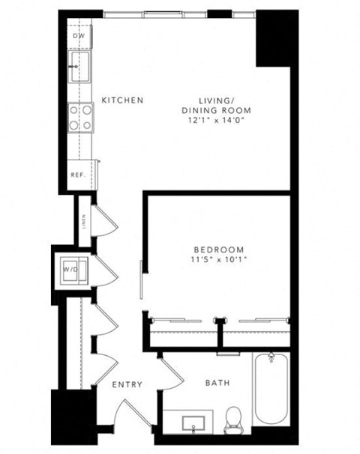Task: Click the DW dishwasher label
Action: (x=78, y=36)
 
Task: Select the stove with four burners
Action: (x=80, y=117)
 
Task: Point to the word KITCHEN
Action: (x=122, y=100)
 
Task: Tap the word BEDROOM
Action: (x=218, y=249)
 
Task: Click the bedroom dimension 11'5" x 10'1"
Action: (x=218, y=260)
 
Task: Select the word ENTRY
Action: (x=127, y=384)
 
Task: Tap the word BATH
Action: (x=217, y=384)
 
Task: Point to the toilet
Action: (x=233, y=417)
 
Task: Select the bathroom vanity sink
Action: (x=194, y=423)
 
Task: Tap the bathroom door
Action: (x=172, y=373)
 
